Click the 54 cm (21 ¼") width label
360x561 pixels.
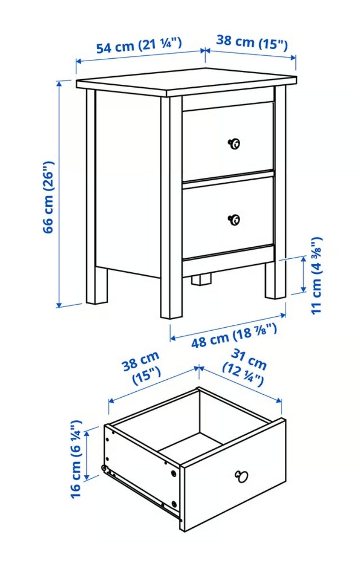139,45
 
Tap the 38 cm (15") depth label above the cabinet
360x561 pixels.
252,42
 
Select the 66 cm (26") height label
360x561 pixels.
49,197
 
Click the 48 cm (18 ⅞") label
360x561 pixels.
234,335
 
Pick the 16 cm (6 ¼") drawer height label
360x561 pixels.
76,459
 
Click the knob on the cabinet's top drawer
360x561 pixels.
234,144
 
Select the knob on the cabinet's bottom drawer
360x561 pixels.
234,220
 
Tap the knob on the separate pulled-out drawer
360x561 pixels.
241,477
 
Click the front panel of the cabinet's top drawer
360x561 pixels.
228,141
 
